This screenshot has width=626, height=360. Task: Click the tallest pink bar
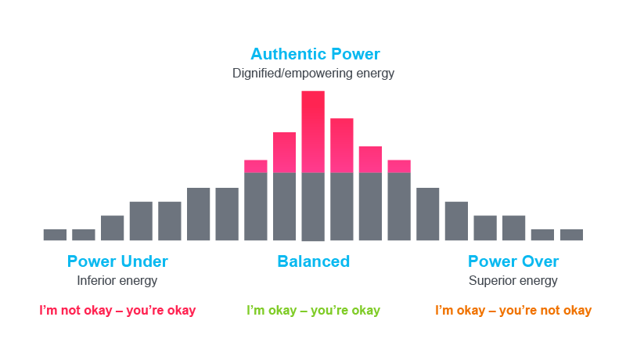[313, 131]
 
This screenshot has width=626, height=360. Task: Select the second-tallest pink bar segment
[342, 146]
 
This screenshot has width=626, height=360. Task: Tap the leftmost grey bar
[55, 235]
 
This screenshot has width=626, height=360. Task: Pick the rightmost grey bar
[571, 235]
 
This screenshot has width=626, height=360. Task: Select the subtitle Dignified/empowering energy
[313, 74]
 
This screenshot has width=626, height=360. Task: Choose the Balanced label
[313, 261]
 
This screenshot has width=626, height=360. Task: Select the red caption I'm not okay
[117, 311]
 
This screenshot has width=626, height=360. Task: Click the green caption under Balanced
[313, 311]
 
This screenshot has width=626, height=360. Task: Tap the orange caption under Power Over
[513, 311]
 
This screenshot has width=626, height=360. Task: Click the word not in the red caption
[71, 311]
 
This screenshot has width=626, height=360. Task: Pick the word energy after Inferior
[139, 280]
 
